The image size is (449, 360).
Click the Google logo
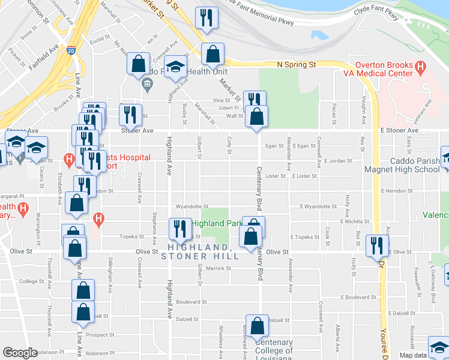click(20, 353)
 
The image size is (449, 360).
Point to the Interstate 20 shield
click(71, 52)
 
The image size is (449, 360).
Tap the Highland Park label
click(216, 224)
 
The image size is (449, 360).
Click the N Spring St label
click(296, 64)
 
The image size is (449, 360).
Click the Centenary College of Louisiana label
click(274, 350)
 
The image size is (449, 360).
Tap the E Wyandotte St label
click(318, 206)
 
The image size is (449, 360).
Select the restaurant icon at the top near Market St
click(206, 19)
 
